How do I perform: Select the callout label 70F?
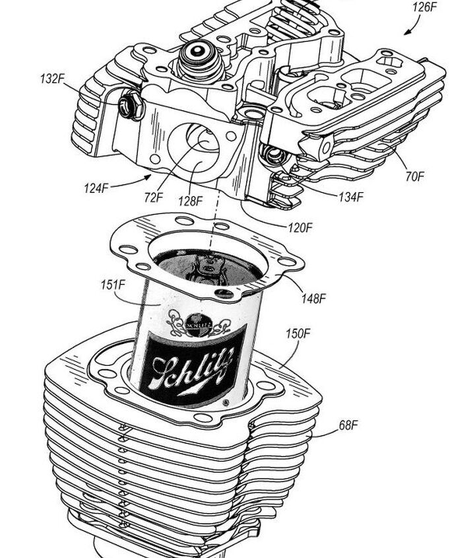416,176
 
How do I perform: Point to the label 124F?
96,188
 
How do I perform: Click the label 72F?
154,197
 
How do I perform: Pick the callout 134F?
351,197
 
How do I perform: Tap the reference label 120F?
300,228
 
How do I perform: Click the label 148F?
313,298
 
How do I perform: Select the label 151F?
113,285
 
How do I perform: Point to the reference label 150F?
298,333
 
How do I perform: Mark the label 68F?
348,425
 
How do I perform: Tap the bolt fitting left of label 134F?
272,156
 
